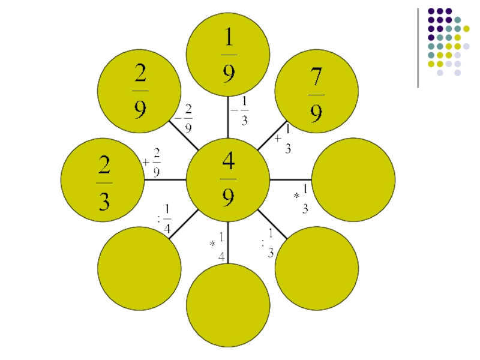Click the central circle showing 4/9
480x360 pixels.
pos(228,179)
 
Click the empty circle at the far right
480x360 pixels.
pos(353,179)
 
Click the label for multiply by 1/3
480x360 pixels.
pos(302,199)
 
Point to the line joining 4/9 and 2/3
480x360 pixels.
pos(165,179)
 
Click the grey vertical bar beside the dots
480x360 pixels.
pos(418,48)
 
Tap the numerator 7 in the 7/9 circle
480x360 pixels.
pos(316,77)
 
